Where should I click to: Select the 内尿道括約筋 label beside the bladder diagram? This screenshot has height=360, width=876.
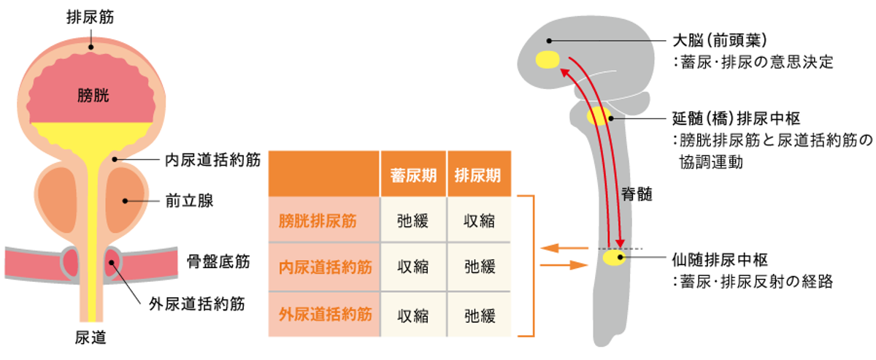click(212, 159)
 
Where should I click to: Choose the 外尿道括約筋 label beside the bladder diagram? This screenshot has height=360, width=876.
click(196, 302)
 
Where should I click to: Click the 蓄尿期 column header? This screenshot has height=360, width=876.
click(413, 175)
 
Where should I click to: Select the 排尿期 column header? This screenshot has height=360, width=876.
click(479, 175)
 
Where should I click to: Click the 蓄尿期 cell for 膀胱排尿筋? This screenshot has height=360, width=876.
click(413, 221)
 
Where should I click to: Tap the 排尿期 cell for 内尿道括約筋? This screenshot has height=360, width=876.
click(479, 267)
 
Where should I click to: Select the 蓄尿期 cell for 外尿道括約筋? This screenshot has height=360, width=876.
click(413, 315)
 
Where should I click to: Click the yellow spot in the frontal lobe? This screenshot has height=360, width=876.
click(547, 59)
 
